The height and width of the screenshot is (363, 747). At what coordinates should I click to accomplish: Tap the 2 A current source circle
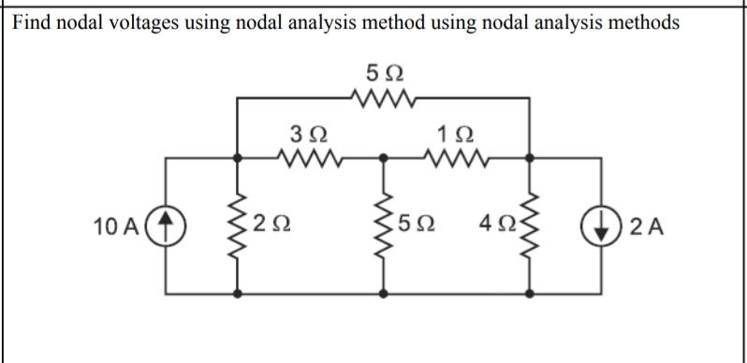point(601,225)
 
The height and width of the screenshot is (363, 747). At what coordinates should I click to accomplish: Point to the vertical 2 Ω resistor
point(240,225)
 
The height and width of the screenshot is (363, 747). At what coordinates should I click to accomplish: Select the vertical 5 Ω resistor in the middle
point(385,225)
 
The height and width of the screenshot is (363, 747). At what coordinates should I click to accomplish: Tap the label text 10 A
point(117,225)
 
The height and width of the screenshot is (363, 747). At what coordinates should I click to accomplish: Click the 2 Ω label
point(272,225)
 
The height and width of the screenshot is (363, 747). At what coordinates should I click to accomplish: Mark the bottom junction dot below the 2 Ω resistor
point(240,293)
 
